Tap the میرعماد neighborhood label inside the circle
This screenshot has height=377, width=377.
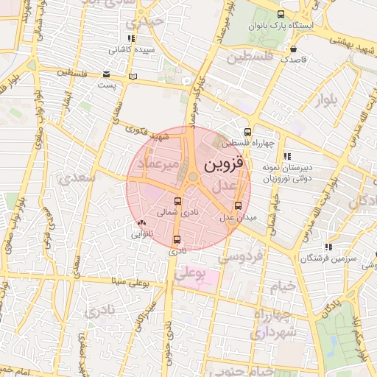tap(158, 165)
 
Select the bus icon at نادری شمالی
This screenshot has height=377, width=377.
tap(178, 201)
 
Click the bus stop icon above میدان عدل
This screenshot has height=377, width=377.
tap(237, 206)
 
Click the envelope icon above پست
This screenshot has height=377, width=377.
tap(107, 74)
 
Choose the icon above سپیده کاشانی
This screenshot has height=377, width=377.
tap(131, 38)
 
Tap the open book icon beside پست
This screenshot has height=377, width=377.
tap(133, 76)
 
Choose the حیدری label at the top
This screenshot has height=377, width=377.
tap(144, 21)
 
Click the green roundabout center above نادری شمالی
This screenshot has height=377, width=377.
tap(192, 177)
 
